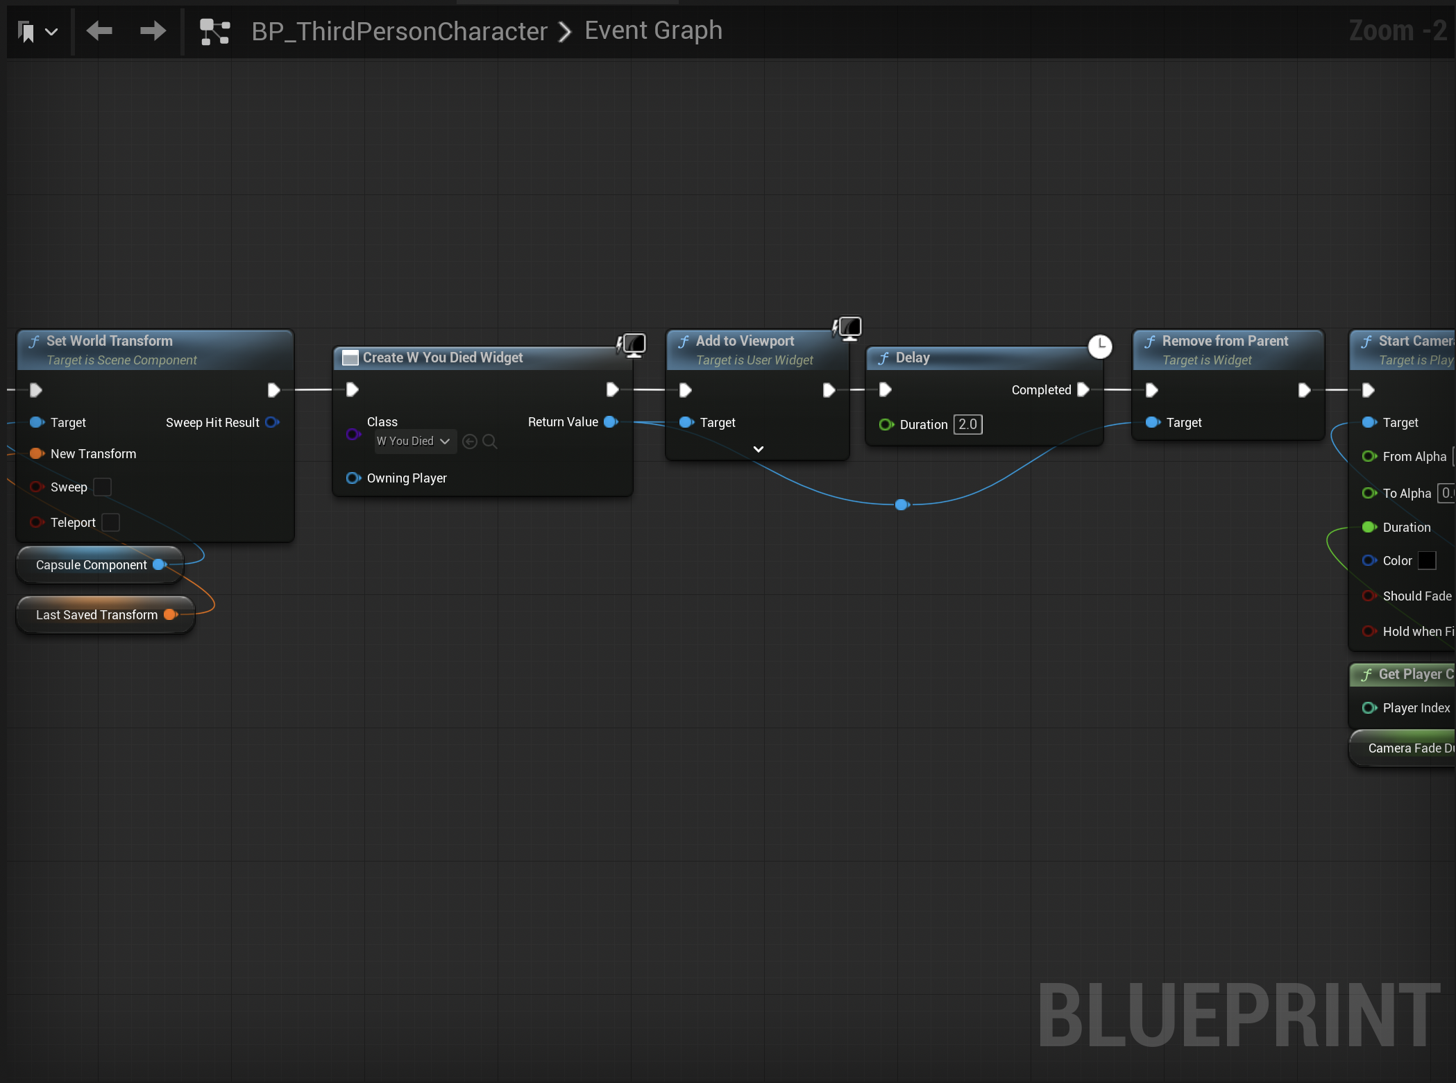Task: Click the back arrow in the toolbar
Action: tap(99, 31)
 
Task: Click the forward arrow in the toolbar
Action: tap(153, 31)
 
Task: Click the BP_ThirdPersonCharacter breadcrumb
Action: tap(399, 31)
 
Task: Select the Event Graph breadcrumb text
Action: tap(653, 31)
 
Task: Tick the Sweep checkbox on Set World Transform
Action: tap(102, 487)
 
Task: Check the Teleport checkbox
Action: tap(110, 522)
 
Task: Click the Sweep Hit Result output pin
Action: tap(272, 422)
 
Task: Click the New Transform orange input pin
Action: tap(37, 453)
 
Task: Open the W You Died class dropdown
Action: tap(415, 442)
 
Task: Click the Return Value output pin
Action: tap(611, 422)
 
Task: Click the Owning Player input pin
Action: tap(353, 478)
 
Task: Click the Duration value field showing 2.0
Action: tap(967, 424)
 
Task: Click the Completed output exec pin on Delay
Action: tap(1083, 389)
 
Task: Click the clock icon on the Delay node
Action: tap(1100, 346)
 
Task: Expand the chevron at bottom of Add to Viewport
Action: tap(759, 449)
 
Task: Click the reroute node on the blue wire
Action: tap(901, 505)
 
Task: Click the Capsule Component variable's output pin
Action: tap(160, 564)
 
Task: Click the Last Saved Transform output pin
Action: tap(170, 614)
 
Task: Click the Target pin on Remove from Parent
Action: tap(1153, 422)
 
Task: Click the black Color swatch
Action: tap(1427, 560)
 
